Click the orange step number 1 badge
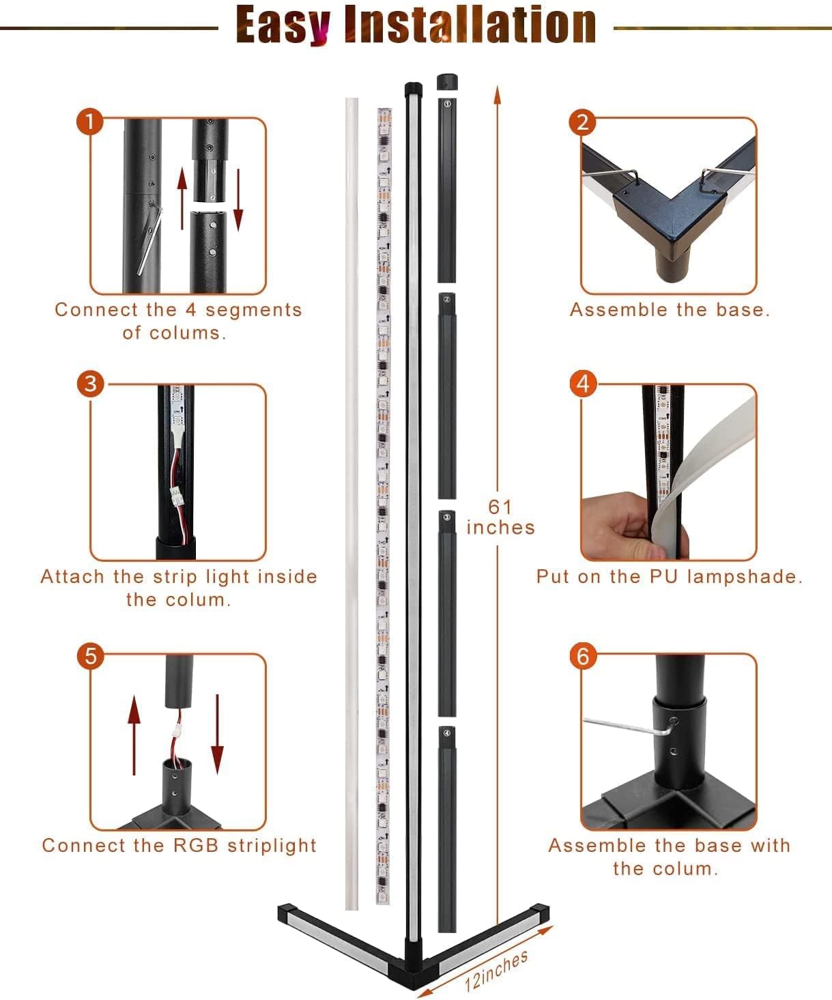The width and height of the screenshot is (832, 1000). (x=90, y=122)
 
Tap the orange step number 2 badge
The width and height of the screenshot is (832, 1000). (x=582, y=122)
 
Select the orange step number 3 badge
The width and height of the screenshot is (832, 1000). (x=90, y=384)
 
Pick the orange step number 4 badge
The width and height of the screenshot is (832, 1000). (x=583, y=384)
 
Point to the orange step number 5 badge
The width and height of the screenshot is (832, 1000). (x=91, y=656)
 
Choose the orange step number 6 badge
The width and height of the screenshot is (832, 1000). (x=583, y=656)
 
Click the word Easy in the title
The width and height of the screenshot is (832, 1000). (x=283, y=25)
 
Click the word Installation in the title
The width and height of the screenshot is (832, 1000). (x=470, y=24)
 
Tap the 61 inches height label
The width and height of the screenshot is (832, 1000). (x=500, y=517)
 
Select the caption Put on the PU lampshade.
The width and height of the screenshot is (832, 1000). (x=669, y=577)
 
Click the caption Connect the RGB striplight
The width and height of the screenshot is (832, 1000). (x=179, y=845)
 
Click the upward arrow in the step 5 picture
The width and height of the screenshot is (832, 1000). (x=134, y=735)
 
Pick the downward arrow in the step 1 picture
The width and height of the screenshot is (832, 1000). (x=238, y=200)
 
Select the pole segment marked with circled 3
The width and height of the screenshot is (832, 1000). (x=446, y=614)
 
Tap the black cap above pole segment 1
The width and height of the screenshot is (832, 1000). (x=447, y=82)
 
